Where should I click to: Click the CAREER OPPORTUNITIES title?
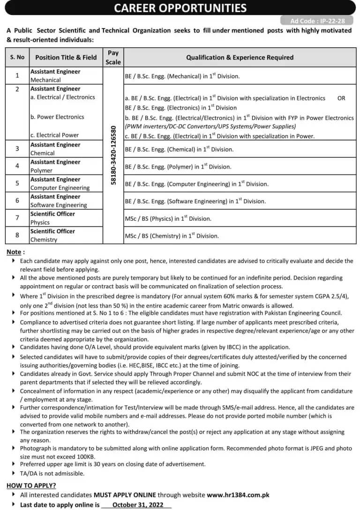coord(180,7)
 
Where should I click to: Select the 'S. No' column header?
coord(17,57)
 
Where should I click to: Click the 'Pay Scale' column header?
coord(113,58)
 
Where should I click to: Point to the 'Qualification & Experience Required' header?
coord(240,57)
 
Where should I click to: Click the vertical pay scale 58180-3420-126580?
coord(113,155)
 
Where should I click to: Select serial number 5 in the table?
coord(17,183)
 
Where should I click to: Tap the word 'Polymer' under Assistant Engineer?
coord(42,171)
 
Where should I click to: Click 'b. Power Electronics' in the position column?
coord(57,117)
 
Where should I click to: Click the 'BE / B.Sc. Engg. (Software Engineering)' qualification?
coord(195,201)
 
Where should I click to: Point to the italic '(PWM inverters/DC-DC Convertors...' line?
coord(210,126)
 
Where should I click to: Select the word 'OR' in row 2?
coord(341,98)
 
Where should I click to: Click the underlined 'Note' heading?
coord(14,252)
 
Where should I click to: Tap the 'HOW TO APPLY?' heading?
coord(31,485)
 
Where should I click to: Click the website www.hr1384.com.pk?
coord(238,495)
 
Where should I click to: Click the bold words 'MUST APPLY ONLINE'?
coord(125,495)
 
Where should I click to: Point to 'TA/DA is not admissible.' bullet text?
coord(52,473)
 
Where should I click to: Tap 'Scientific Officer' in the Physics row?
coord(52,214)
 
